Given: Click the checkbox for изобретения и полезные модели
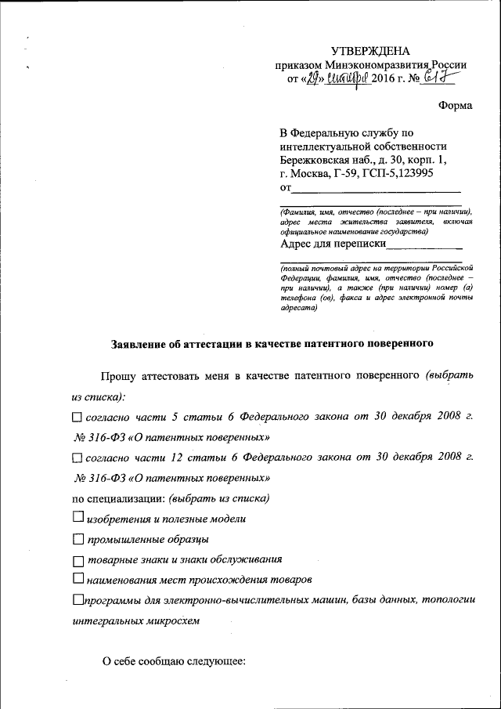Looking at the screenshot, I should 77,517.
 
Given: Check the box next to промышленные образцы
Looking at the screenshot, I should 77,539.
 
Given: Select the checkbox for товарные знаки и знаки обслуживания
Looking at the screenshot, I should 77,561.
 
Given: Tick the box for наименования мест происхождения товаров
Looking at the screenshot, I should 77,579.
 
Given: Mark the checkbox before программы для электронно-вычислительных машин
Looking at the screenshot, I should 77,600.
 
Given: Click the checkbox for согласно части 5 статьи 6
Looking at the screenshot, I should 76,418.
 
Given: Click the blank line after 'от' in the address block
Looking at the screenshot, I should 376,188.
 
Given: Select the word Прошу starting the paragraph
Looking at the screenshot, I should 117,377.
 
